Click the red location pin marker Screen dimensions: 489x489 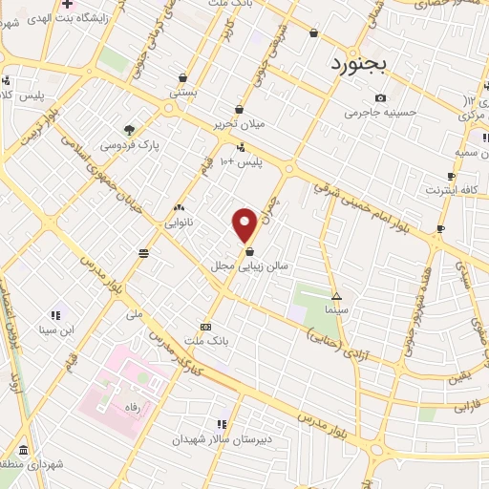[x=244, y=224]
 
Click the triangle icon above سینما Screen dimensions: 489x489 [x=335, y=296]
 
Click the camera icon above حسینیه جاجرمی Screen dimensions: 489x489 [x=380, y=97]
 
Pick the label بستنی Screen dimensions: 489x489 [x=181, y=94]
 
